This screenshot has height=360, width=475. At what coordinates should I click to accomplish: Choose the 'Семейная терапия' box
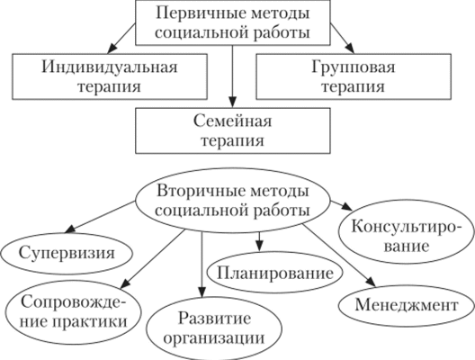point(233,130)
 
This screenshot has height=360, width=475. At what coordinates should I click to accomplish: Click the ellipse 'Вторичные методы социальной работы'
point(233,201)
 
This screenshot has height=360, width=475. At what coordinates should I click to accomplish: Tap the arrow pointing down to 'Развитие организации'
point(201,265)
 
